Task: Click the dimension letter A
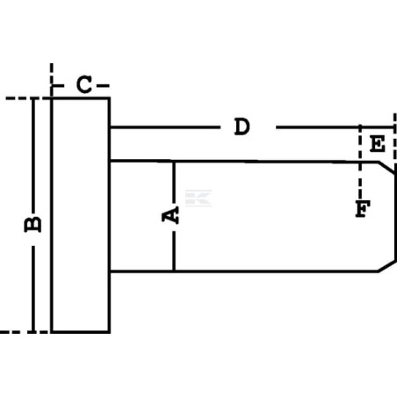(170, 215)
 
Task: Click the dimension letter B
(32, 225)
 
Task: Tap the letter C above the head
(84, 84)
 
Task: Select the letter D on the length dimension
(242, 126)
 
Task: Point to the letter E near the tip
(377, 144)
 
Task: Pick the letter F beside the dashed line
(363, 209)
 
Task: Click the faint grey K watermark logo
(198, 198)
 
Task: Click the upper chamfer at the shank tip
(387, 168)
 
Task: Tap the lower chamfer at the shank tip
(386, 266)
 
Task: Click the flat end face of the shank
(395, 217)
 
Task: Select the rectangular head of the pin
(81, 215)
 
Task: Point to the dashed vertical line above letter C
(52, 80)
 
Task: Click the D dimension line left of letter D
(165, 127)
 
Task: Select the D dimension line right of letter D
(335, 127)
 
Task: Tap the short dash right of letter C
(103, 86)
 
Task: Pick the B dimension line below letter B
(33, 289)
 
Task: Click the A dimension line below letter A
(174, 251)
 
